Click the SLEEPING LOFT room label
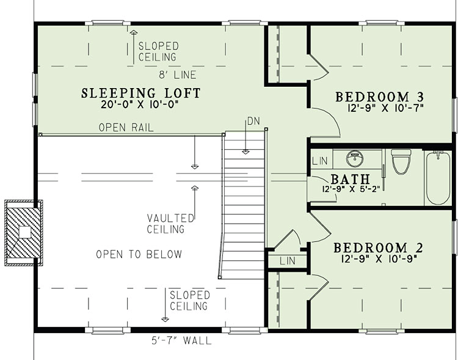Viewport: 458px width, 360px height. [141, 94]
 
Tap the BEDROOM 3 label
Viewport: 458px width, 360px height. [379, 97]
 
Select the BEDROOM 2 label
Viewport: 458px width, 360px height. [378, 248]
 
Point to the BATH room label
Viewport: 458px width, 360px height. [351, 179]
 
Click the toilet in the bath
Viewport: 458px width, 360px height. [401, 161]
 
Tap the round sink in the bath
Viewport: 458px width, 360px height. [355, 159]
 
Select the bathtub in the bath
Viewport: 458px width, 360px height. [438, 177]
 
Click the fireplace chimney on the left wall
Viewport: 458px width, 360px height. [24, 233]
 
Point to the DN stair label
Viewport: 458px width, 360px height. [253, 121]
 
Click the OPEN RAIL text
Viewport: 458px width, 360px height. [126, 128]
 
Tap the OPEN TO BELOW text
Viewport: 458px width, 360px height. [139, 254]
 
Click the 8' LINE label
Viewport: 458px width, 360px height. [177, 75]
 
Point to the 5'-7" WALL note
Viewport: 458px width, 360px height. [181, 340]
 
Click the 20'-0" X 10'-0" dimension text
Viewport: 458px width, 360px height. [140, 104]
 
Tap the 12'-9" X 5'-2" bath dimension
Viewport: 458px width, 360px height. [351, 189]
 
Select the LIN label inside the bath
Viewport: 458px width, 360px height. [320, 161]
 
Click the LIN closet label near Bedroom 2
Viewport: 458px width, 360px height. [287, 261]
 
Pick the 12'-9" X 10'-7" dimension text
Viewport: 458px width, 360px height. [385, 108]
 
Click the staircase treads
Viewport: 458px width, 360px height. [243, 205]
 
